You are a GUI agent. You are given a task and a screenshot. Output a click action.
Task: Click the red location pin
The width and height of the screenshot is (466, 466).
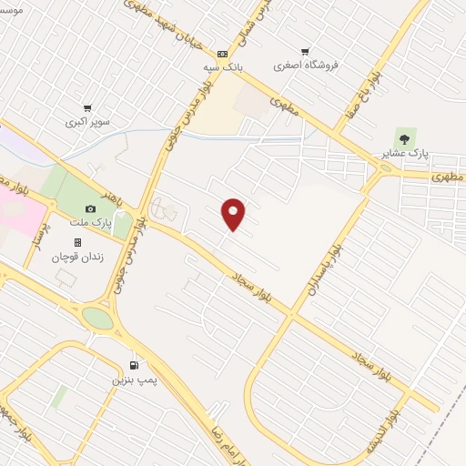click(234, 214)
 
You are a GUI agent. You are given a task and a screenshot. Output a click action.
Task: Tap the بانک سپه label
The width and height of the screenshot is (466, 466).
click(223, 67)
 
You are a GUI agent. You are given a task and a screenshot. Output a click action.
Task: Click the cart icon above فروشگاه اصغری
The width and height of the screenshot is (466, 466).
click(305, 52)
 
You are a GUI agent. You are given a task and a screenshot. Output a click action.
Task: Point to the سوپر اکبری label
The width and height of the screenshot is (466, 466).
click(87, 120)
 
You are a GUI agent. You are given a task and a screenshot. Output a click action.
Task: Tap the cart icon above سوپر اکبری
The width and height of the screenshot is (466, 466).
click(87, 107)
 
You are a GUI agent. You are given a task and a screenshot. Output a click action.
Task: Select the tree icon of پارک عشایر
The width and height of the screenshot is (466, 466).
click(405, 137)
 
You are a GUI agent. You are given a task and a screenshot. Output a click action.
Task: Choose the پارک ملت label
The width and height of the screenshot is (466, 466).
click(90, 222)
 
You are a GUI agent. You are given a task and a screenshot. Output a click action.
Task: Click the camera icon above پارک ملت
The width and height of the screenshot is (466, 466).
click(90, 209)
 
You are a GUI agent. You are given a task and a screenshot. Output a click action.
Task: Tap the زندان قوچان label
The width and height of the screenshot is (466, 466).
click(79, 256)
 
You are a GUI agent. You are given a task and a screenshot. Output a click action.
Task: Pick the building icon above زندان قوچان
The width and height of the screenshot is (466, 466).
click(77, 242)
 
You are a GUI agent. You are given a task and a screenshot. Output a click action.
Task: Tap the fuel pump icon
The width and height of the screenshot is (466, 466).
click(135, 362)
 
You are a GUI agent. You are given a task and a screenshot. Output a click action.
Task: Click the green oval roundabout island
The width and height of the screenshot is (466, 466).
click(97, 318)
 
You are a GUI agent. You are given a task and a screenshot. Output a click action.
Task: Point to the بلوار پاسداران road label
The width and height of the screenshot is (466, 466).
click(337, 269)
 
